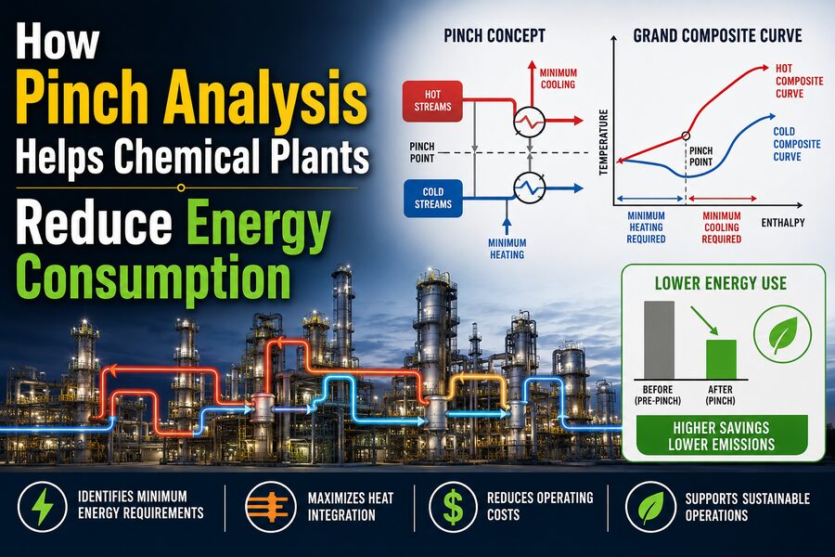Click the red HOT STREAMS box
pos(432,101)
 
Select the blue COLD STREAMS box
pos(433,199)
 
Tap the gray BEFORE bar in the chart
pos(660,340)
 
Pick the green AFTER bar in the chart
pos(721,359)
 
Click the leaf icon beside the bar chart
pos(782,335)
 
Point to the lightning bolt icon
pos(42,507)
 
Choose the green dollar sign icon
pos(453,507)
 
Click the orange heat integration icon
pos(270,507)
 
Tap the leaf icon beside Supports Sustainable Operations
pos(650,507)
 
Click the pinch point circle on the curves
pos(686,136)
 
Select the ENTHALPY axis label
pos(783,222)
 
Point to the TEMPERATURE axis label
pos(603,142)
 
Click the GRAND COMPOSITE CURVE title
pos(717,35)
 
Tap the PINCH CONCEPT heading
pos(495,35)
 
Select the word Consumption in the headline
pos(154,277)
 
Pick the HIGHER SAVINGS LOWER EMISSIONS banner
pos(722,435)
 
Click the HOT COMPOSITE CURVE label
pos(799,81)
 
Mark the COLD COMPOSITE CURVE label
pos(797,144)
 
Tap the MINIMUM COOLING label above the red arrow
pos(559,78)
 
